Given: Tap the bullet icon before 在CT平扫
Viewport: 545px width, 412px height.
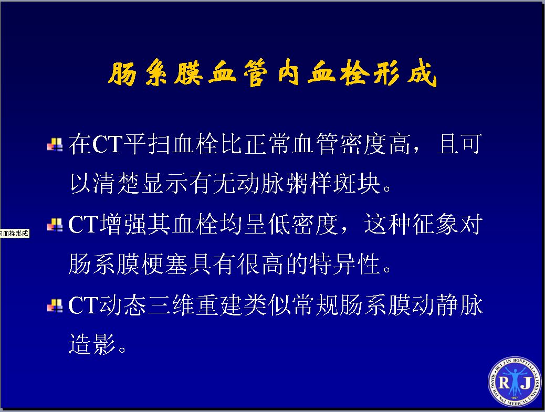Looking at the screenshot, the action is (55, 145).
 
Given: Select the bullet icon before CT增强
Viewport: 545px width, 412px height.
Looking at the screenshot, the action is (55, 225).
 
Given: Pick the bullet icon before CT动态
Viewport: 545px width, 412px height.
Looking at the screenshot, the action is (55, 305).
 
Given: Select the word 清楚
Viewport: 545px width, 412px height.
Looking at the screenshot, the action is (117, 183).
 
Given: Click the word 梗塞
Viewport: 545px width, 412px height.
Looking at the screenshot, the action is (165, 264).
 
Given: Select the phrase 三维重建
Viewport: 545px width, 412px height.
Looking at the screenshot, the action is (195, 305).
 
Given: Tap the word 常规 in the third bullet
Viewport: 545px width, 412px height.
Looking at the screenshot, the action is (316, 305).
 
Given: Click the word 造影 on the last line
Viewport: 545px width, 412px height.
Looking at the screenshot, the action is (92, 344).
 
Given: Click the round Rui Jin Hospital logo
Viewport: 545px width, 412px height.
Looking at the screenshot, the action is (515, 382).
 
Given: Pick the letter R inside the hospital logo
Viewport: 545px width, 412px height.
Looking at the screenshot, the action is (504, 383).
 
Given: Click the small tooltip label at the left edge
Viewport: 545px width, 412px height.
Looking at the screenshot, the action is (15, 234).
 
